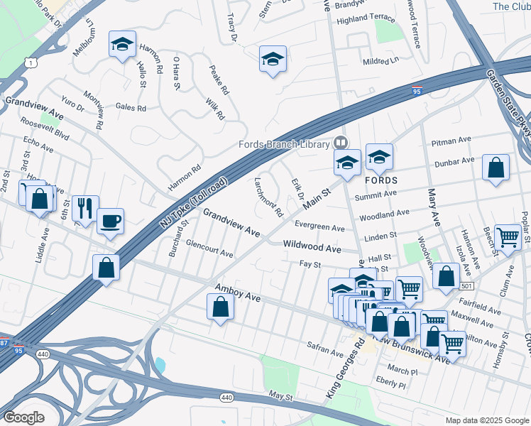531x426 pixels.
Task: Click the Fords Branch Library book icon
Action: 341,143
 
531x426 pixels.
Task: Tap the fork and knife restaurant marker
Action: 85,208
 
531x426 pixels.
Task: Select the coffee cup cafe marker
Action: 110,221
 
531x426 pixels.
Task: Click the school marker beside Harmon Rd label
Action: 123,45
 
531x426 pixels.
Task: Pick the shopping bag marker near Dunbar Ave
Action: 496,168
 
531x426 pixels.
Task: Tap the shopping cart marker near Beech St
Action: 508,238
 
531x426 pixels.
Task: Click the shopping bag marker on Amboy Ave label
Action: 220,307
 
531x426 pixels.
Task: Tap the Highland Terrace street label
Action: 365,17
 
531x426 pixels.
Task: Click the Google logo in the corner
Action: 23,417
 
